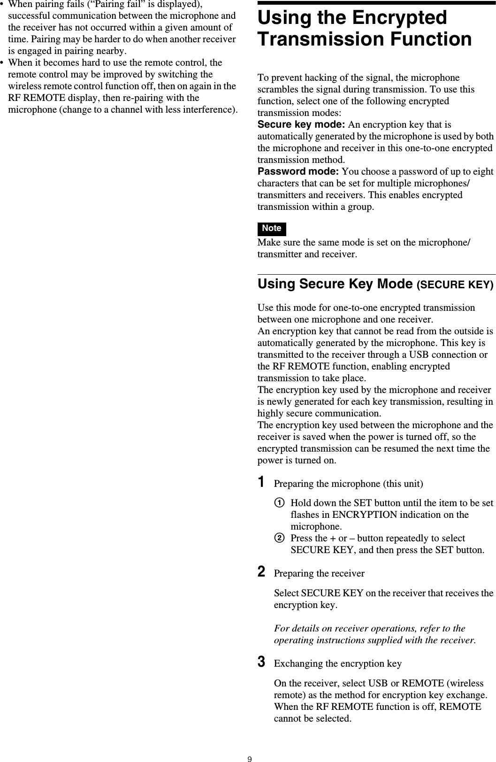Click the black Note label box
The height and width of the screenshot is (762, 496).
pos(272,229)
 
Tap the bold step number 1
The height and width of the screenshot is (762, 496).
pos(262,482)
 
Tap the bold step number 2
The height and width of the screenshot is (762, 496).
pos(262,572)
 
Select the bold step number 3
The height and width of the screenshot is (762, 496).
pos(262,662)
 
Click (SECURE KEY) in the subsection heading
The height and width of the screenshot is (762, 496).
pos(455,285)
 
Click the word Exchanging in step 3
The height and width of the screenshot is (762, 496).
pos(298,664)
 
